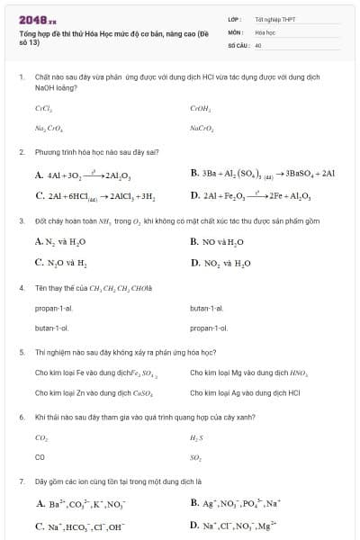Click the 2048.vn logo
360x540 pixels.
pyautogui.click(x=34, y=16)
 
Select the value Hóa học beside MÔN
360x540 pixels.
pyautogui.click(x=265, y=31)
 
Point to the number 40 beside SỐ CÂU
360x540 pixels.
pyautogui.click(x=258, y=44)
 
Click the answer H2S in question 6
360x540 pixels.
pyautogui.click(x=197, y=437)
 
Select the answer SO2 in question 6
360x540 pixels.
pyautogui.click(x=197, y=458)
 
